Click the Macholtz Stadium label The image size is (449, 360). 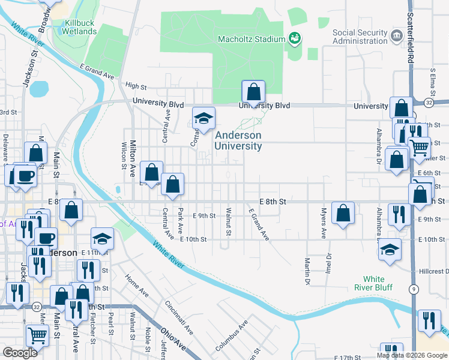point(251,40)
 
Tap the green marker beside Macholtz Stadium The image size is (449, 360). point(294,39)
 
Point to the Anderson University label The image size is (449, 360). point(239,141)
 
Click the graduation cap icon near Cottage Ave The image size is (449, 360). point(203,118)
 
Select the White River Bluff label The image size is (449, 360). point(378,283)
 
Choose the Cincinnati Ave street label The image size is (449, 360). point(181,318)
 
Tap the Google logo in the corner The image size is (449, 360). point(20,353)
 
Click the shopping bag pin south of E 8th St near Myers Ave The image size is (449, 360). point(343,213)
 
